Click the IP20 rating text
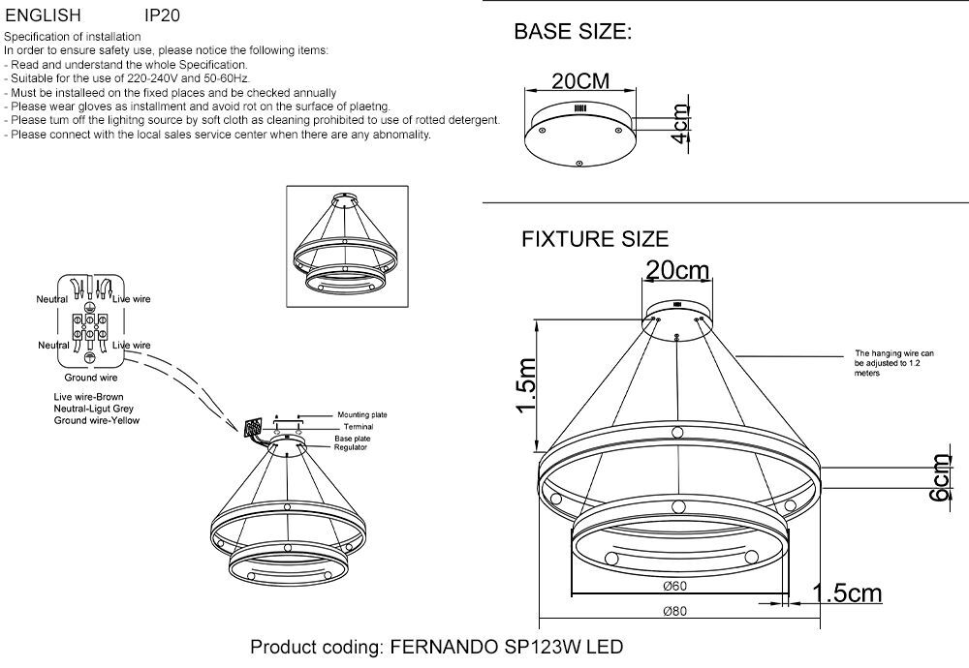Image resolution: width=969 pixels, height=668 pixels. [162, 15]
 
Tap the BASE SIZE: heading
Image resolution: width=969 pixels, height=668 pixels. [573, 32]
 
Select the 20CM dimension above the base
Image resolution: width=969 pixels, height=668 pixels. [580, 81]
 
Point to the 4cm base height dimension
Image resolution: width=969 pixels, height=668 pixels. [680, 124]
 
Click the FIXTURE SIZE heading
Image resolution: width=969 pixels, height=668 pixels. [595, 239]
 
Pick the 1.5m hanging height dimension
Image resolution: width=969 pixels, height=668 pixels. [526, 385]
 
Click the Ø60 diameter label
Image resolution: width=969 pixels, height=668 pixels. [674, 586]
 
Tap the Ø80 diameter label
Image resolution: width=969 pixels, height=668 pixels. [674, 611]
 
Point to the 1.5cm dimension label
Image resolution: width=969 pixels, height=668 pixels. [847, 592]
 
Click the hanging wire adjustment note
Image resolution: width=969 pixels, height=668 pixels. [894, 363]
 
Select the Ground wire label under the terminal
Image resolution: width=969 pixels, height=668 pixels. [91, 378]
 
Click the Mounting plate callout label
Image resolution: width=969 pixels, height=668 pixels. [362, 415]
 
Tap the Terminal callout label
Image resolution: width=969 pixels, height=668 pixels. [359, 427]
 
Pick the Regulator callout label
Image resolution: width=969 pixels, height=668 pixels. [351, 447]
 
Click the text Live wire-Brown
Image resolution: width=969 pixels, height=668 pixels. [88, 397]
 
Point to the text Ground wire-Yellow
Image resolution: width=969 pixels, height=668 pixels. [96, 420]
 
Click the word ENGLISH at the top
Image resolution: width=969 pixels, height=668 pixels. [44, 15]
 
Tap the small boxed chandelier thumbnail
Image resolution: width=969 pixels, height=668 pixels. [347, 246]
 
